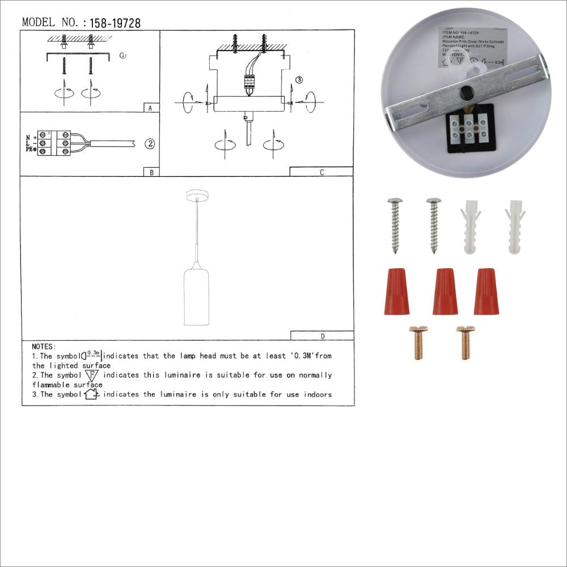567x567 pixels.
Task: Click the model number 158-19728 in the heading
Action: point(112,23)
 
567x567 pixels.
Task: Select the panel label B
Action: point(150,172)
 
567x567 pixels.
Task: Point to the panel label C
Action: point(321,172)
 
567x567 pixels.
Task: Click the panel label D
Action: point(322,336)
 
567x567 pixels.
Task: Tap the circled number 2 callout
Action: point(149,143)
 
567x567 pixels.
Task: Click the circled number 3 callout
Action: point(299,80)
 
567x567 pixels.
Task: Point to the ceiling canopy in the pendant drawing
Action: point(197,196)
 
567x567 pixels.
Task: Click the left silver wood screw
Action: point(395,225)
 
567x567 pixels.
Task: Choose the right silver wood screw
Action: point(434,225)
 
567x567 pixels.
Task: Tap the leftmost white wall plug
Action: point(470,226)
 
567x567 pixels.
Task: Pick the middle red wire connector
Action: point(445,291)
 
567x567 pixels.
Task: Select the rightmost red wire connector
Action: point(486,291)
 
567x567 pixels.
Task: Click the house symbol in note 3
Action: point(91,394)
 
